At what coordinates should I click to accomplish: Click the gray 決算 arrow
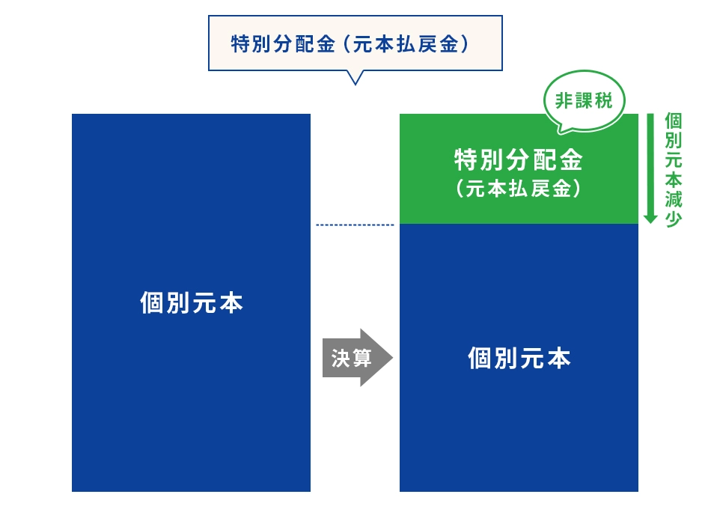click(x=357, y=358)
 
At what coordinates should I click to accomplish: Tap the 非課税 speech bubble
click(x=584, y=101)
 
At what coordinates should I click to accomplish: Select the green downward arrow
click(x=650, y=168)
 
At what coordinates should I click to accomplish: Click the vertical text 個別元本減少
click(x=674, y=170)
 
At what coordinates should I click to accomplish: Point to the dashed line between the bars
click(x=355, y=225)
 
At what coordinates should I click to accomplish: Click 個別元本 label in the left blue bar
click(x=192, y=302)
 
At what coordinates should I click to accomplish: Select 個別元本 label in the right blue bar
click(x=519, y=358)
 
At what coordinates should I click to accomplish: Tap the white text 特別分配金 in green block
click(x=519, y=159)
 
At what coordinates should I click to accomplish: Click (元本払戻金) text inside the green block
click(x=519, y=189)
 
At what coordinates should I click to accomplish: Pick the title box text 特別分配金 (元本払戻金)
click(x=350, y=44)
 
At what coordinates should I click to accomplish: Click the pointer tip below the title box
click(x=355, y=85)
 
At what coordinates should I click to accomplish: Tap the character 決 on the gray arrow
click(x=340, y=358)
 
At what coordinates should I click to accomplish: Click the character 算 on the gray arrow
click(x=361, y=358)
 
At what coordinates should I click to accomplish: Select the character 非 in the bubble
click(x=564, y=101)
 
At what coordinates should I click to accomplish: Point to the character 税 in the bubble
click(x=603, y=101)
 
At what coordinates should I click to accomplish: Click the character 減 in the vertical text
click(x=674, y=199)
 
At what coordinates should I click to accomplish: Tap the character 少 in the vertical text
click(x=674, y=219)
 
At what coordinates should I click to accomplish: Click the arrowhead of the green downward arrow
click(x=650, y=218)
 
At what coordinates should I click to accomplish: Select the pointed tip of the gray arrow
click(x=392, y=358)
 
